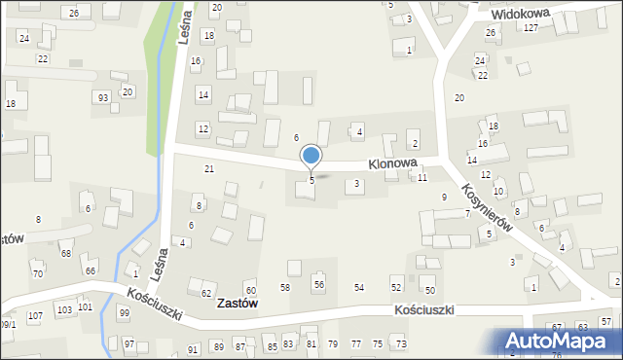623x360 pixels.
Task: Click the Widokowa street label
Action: click(x=520, y=14)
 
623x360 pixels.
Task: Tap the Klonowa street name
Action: click(x=392, y=164)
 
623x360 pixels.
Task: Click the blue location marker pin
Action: click(x=311, y=156)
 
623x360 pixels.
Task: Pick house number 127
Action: click(x=531, y=28)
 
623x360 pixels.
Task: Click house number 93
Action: click(x=102, y=97)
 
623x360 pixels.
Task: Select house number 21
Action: click(x=208, y=169)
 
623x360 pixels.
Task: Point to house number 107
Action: click(x=35, y=316)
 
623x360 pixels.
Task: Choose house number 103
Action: click(x=64, y=309)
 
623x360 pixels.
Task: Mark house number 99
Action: click(x=124, y=312)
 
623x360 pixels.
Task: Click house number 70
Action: click(x=38, y=274)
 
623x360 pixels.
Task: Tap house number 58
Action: click(x=285, y=288)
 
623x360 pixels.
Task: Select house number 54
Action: click(x=359, y=288)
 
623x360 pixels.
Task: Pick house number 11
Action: click(x=422, y=179)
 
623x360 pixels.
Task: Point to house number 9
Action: click(x=444, y=198)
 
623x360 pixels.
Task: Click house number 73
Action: click(x=400, y=344)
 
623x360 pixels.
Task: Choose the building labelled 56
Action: click(x=318, y=283)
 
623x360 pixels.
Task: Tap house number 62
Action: click(x=206, y=293)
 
